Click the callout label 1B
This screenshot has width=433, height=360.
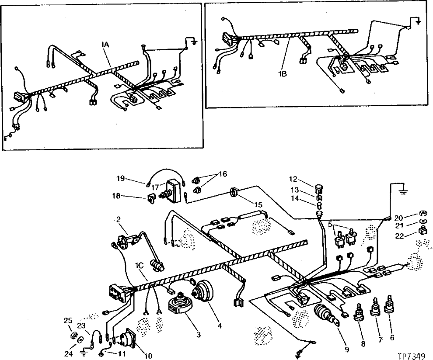click(x=283, y=74)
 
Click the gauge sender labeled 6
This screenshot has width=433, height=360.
click(x=388, y=310)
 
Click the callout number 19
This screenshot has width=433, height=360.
click(x=121, y=178)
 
